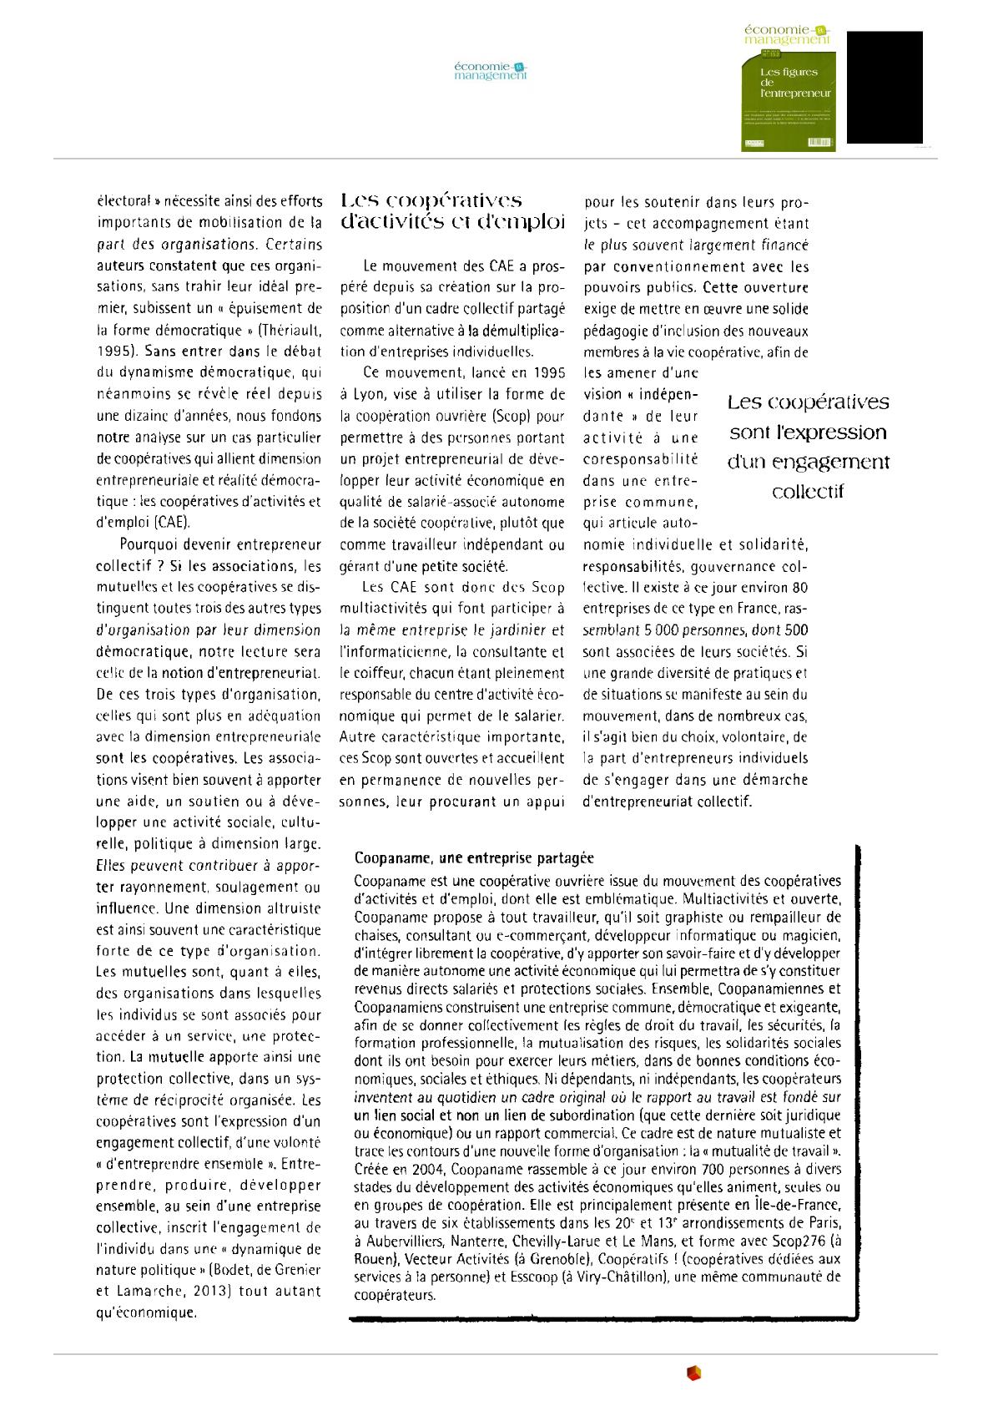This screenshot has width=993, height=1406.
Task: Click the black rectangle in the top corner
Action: point(885,87)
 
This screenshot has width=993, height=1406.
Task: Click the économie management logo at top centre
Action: point(491,71)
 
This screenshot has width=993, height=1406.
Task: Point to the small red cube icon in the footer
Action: point(693,1373)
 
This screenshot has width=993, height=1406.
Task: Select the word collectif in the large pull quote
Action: point(808,492)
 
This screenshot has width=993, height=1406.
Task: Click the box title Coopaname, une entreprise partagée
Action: point(474,857)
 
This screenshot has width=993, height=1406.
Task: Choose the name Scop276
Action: point(801,1241)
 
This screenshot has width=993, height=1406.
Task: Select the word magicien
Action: point(812,935)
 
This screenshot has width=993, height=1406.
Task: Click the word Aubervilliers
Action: point(403,1241)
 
